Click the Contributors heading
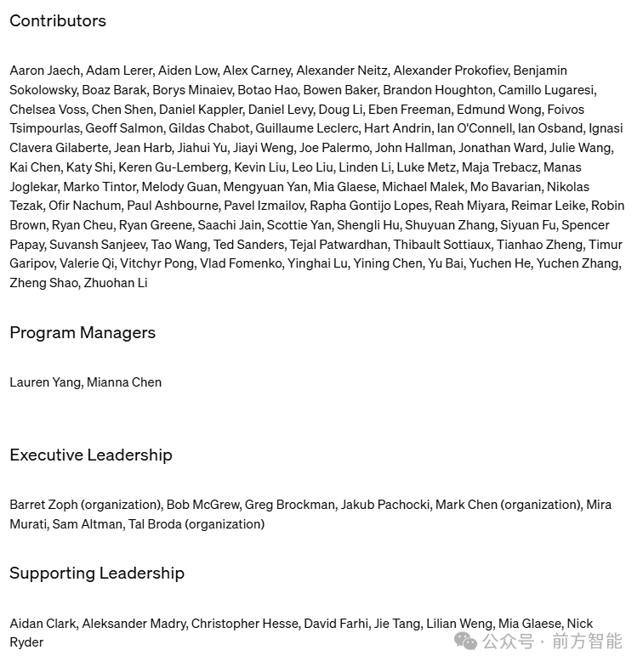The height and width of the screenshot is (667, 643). [x=58, y=21]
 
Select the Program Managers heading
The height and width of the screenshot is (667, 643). [x=83, y=333]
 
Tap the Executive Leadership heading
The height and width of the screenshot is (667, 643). [x=91, y=455]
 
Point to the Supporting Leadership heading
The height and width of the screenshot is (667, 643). [x=97, y=574]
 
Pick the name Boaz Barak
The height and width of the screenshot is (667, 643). [x=114, y=90]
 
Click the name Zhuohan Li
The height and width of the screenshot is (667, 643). [x=116, y=283]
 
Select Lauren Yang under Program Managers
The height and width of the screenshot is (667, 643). [x=44, y=382]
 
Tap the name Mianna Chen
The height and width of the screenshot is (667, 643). [x=124, y=382]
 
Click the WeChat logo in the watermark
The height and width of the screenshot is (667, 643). [x=466, y=641]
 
